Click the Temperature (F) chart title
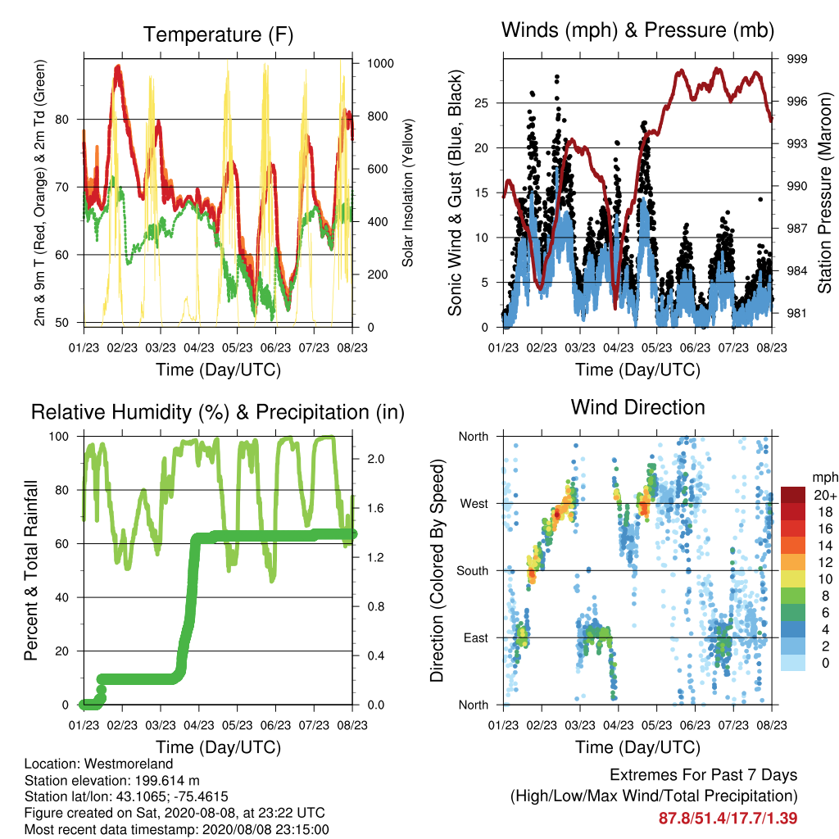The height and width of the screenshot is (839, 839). [218, 34]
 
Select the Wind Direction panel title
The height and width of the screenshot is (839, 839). [637, 407]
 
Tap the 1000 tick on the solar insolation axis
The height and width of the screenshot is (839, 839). [380, 63]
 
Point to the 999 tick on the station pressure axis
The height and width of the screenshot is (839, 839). [796, 58]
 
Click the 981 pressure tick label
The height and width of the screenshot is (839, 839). [796, 313]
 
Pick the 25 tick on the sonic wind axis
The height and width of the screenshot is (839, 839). [481, 102]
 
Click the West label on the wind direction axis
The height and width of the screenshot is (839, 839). [474, 504]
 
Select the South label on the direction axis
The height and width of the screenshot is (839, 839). [473, 571]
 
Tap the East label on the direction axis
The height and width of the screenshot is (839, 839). [476, 637]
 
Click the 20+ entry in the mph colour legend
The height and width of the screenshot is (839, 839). [825, 495]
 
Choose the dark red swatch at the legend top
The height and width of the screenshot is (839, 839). [793, 495]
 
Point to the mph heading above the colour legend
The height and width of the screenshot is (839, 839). [825, 478]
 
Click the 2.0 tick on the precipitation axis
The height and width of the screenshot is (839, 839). [375, 459]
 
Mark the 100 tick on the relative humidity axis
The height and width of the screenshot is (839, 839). [59, 436]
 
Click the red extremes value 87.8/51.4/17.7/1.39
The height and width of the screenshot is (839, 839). [728, 819]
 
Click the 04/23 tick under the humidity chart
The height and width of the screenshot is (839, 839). [199, 725]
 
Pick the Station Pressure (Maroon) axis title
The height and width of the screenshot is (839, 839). [824, 193]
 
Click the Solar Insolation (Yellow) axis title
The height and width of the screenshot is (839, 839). [408, 193]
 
